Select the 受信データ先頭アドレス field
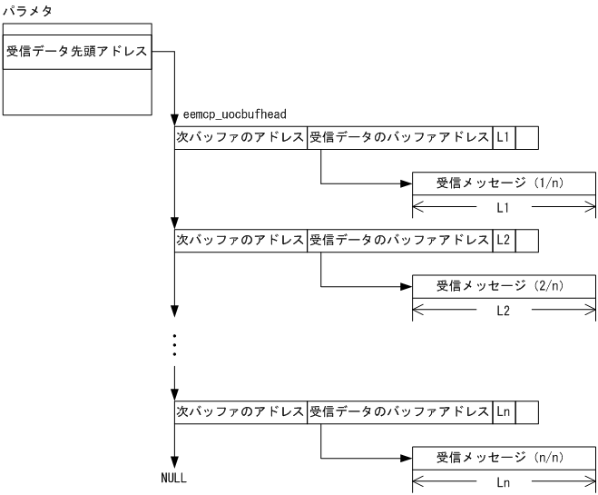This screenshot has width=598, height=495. (78, 52)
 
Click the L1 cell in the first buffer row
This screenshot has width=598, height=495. (504, 138)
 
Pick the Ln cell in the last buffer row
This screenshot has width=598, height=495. (504, 411)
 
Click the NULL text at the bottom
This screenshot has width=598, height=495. (173, 478)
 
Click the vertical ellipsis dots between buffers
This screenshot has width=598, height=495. (173, 346)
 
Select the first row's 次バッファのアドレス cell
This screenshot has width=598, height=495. (240, 138)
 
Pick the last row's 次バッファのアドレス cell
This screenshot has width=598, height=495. (240, 411)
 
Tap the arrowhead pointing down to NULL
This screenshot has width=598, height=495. (173, 461)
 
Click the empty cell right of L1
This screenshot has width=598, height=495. (527, 138)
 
